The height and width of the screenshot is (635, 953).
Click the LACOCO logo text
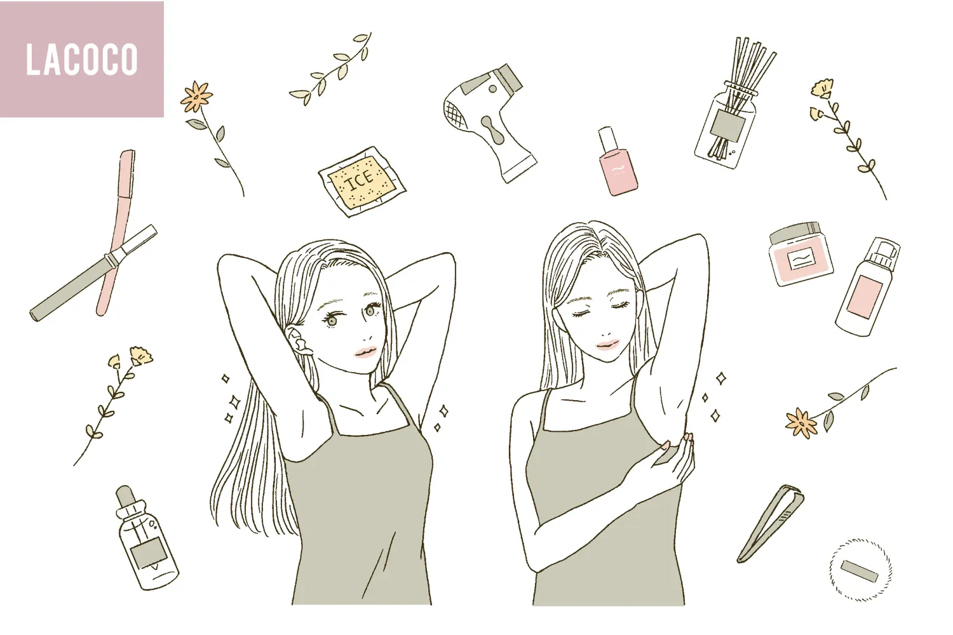coord(82,60)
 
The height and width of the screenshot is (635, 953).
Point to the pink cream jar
coord(801,254)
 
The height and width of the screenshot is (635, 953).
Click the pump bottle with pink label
coord(867,286)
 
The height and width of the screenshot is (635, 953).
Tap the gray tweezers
coord(771,524)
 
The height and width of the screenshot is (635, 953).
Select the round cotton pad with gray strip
coord(860,570)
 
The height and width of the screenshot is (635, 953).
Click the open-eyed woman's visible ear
coord(298,341)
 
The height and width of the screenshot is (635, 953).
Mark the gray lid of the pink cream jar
coord(794,233)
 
